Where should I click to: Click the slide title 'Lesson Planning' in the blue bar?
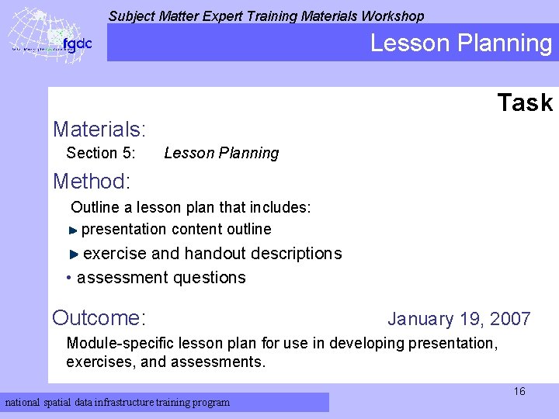(x=460, y=43)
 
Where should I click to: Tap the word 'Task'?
(x=525, y=102)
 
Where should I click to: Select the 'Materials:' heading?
(x=99, y=128)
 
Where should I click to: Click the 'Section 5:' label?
(x=101, y=153)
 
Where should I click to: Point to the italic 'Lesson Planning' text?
(x=221, y=153)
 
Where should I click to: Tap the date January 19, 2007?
(x=459, y=319)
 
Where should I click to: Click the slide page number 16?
(x=519, y=391)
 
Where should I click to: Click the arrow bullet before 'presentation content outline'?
(x=73, y=230)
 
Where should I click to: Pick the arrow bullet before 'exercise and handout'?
(x=74, y=254)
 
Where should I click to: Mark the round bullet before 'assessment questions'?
(x=70, y=278)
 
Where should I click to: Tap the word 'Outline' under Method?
(x=95, y=207)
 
